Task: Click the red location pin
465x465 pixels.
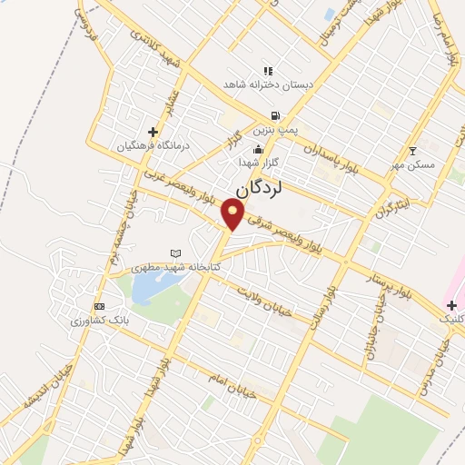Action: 234,214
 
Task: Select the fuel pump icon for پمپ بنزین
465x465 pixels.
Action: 273,116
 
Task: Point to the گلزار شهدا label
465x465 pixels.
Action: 257,162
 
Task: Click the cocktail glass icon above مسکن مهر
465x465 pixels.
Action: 413,150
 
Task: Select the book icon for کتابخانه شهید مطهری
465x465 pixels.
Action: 176,253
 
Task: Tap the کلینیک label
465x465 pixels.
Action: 450,320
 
